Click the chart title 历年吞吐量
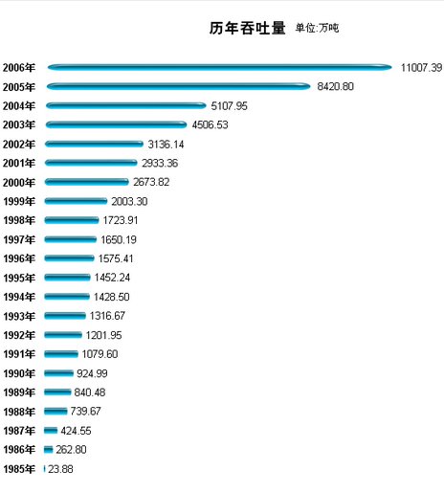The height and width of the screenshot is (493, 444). point(247,29)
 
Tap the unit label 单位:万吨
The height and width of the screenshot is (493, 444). point(317,29)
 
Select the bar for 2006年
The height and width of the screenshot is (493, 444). point(219,67)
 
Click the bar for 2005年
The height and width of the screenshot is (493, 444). point(178,86)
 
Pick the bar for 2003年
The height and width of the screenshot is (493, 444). point(116,124)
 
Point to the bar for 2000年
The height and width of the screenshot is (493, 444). point(86,182)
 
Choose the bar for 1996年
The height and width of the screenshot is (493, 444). point(69,258)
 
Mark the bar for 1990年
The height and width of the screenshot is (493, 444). point(58,373)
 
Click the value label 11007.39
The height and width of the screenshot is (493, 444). point(421,68)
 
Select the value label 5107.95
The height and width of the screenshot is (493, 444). point(229,106)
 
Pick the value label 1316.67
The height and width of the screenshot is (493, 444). point(107,316)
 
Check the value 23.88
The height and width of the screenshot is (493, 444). point(60,469)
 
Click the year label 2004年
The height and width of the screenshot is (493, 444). point(19,106)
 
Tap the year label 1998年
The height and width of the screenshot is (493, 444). point(19,221)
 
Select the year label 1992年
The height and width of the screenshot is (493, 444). point(19,335)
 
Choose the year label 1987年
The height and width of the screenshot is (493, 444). point(19,431)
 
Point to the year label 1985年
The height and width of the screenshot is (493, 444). point(19,469)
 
